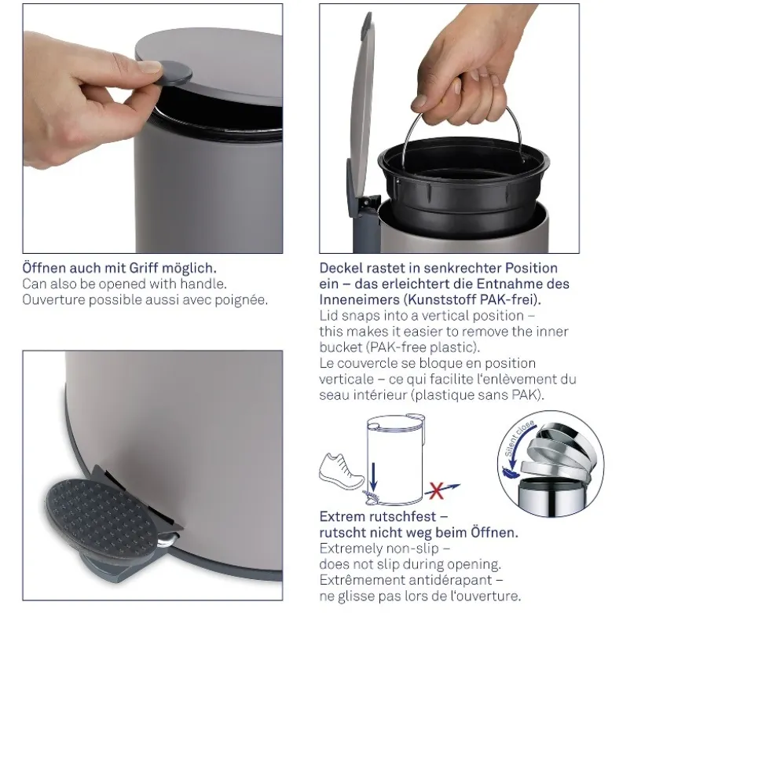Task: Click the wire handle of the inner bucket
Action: [462, 127]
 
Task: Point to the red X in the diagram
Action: [436, 490]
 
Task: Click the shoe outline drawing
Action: [341, 471]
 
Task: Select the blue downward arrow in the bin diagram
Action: [373, 476]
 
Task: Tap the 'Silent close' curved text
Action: [519, 438]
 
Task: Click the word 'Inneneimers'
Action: [359, 299]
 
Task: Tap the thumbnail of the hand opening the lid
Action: [152, 128]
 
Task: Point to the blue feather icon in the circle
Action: [511, 471]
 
